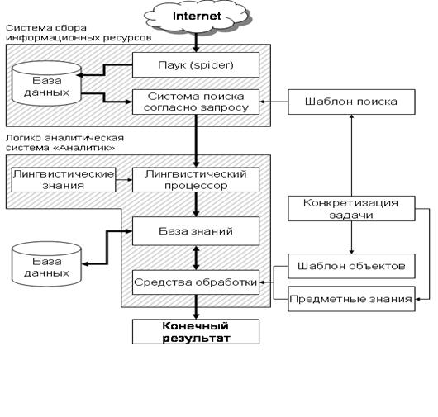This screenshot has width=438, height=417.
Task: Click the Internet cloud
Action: click(x=197, y=17)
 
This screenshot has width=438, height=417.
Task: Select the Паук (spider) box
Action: click(x=196, y=64)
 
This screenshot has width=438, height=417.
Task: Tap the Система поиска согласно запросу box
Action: click(x=196, y=102)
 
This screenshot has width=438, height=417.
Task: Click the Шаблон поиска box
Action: click(x=351, y=102)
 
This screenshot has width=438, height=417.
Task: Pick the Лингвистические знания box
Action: click(x=64, y=180)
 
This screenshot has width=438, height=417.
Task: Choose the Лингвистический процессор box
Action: click(x=196, y=180)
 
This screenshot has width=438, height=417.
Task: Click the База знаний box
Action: click(x=196, y=231)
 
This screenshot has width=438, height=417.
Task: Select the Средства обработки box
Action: click(x=196, y=282)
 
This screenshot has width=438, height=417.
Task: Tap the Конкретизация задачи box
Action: click(x=351, y=208)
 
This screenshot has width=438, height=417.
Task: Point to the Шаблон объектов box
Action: click(x=351, y=266)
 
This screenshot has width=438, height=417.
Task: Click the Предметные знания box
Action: click(x=351, y=299)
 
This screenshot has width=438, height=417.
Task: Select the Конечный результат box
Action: click(x=196, y=332)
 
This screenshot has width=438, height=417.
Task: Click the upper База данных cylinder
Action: click(x=46, y=83)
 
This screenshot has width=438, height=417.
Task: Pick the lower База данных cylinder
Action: click(x=46, y=264)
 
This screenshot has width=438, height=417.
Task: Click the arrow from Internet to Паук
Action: click(x=196, y=42)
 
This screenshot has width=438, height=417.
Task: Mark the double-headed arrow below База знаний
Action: click(x=196, y=258)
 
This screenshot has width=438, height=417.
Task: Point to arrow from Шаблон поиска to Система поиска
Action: click(x=274, y=102)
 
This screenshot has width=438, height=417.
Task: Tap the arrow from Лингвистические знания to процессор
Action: click(x=124, y=180)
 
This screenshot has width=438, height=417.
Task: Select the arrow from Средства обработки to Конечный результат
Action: click(x=196, y=306)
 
